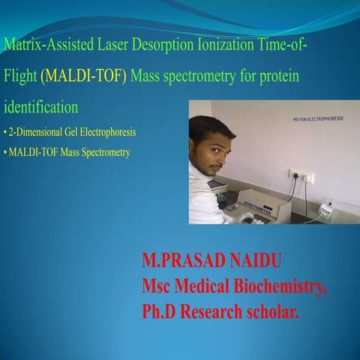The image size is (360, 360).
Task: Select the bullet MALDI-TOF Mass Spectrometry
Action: coord(69,152)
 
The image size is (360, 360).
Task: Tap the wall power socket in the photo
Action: coord(301,176)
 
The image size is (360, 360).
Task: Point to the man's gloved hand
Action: coord(245,218)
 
